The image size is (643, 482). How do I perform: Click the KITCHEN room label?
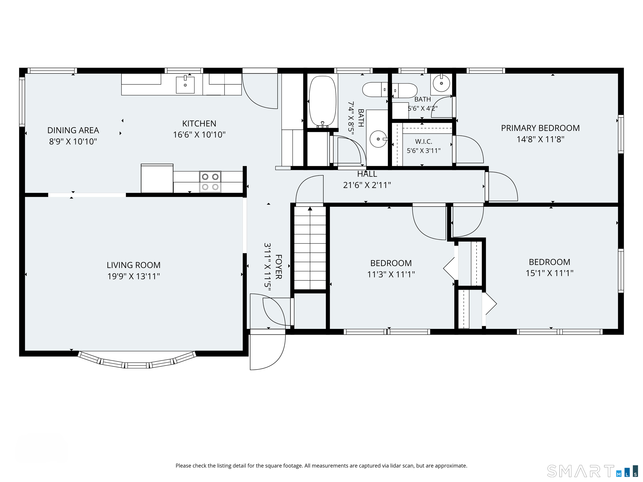click(199, 123)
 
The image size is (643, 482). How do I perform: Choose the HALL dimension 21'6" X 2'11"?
click(367, 185)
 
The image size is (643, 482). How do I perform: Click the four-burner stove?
click(210, 182)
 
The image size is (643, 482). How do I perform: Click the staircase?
click(310, 248)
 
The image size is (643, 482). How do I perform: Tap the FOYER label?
click(278, 267)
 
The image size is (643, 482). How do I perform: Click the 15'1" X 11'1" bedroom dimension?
click(549, 273)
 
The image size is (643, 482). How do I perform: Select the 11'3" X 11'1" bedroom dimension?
click(391, 274)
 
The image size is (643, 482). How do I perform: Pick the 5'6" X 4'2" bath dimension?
click(423, 108)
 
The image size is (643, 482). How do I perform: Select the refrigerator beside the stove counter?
click(157, 178)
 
